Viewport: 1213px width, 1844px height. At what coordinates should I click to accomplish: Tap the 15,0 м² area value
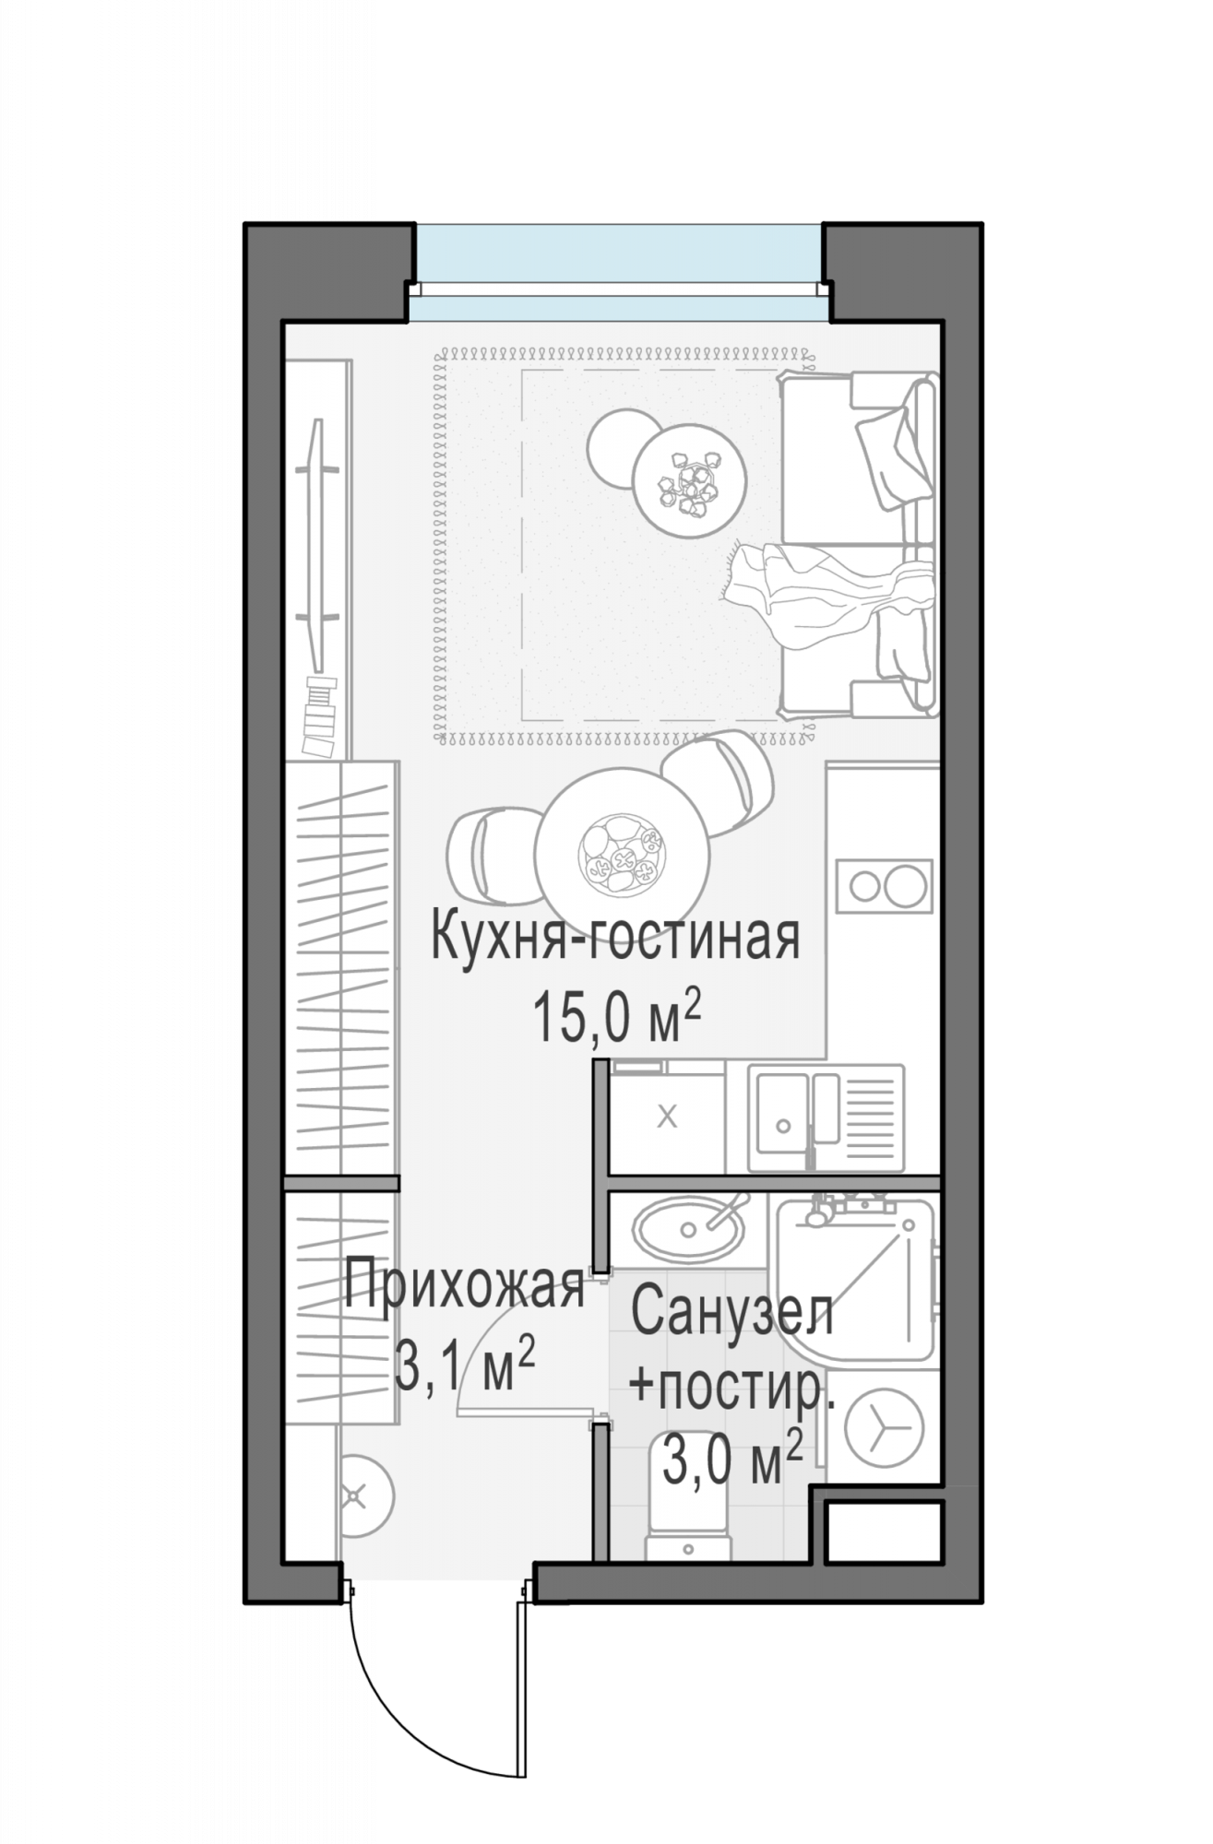pos(617,1017)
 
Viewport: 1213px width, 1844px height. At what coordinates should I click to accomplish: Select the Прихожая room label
pos(465,1287)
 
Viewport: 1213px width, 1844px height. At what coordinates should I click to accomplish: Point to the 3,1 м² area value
pos(465,1366)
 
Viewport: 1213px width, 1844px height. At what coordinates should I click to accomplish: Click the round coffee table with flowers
pos(689,479)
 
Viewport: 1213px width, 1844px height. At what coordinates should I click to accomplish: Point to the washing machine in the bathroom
pos(884,1426)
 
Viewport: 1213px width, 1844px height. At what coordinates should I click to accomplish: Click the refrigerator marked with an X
pos(667,1117)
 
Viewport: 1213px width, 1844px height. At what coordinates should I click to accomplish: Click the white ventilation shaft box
pos(884,1532)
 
